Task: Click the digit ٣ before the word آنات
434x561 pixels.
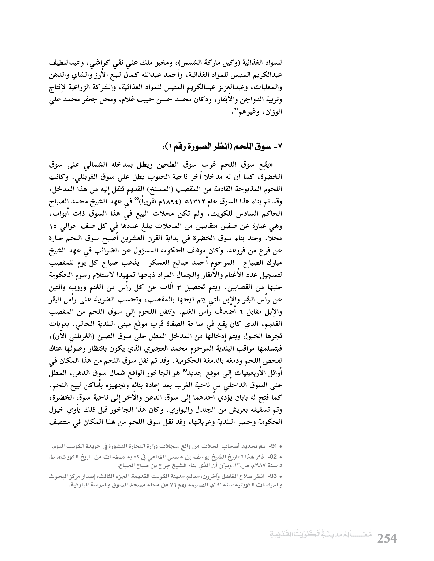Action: click(x=179, y=287)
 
